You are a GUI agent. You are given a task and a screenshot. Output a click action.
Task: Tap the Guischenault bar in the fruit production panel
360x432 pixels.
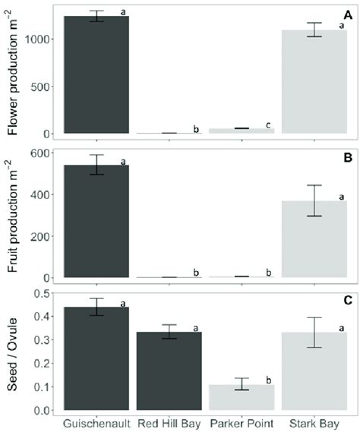(x=96, y=221)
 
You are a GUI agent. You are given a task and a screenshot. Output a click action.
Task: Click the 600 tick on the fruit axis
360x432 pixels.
(x=45, y=153)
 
